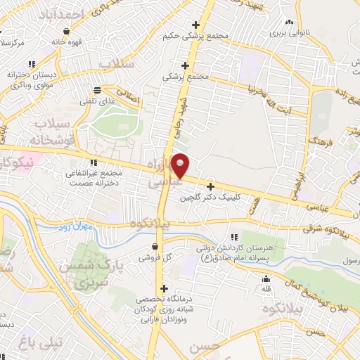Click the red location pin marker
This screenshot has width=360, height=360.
click(x=181, y=165)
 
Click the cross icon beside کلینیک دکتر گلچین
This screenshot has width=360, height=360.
click(x=210, y=186)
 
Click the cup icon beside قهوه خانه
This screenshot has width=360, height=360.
click(x=66, y=31)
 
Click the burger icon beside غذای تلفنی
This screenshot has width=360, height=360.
click(x=96, y=90)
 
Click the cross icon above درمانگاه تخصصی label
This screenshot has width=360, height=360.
click(x=164, y=288)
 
